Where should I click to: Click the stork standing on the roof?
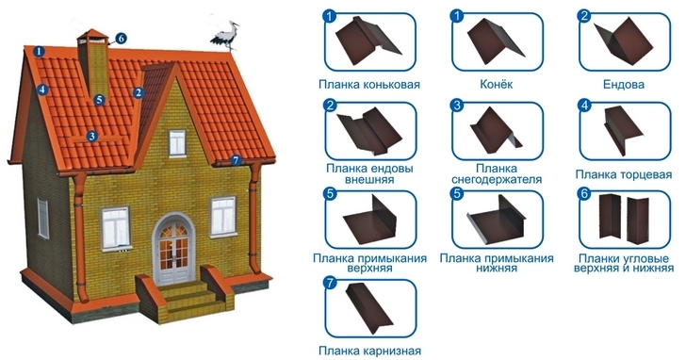coord(227,36)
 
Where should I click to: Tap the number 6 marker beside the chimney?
coord(121,39)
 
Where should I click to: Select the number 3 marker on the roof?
coord(91,136)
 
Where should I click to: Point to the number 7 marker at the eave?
coord(236,160)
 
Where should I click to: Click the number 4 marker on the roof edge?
coord(41,90)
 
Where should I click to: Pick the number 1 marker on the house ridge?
coord(40,51)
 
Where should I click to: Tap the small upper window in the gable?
coord(177,142)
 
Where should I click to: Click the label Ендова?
coord(624,84)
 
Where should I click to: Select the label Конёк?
coord(496,84)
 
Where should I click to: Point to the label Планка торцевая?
coord(624,174)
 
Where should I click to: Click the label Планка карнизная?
coord(369,351)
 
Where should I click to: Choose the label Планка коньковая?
coord(369,84)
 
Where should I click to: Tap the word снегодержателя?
coord(497,179)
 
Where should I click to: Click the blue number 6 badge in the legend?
coord(584,193)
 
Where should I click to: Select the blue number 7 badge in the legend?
coord(331,283)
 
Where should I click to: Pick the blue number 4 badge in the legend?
coord(584,105)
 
